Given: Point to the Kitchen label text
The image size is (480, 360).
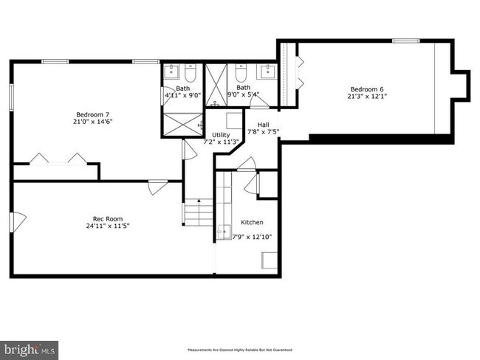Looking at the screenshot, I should pyautogui.click(x=252, y=222).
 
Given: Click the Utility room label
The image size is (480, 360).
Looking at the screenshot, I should pyautogui.click(x=221, y=134).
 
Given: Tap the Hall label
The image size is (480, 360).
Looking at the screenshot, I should pyautogui.click(x=263, y=124).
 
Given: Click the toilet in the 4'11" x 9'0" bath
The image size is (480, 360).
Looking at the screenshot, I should pyautogui.click(x=190, y=74).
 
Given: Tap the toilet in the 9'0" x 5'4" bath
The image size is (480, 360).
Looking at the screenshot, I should pyautogui.click(x=241, y=74).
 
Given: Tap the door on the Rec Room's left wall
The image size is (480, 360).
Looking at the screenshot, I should pyautogui.click(x=18, y=220).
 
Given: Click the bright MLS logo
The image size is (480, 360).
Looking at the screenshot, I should pyautogui.click(x=30, y=346).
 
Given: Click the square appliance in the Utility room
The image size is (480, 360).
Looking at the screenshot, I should pyautogui.click(x=233, y=120).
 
